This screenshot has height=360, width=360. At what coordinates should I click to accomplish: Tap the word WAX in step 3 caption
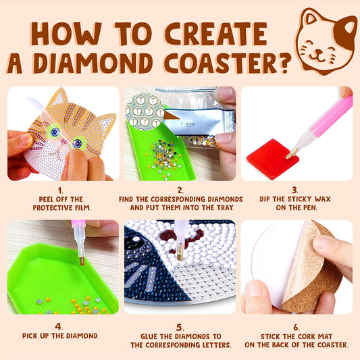pyautogui.click(x=326, y=200)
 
